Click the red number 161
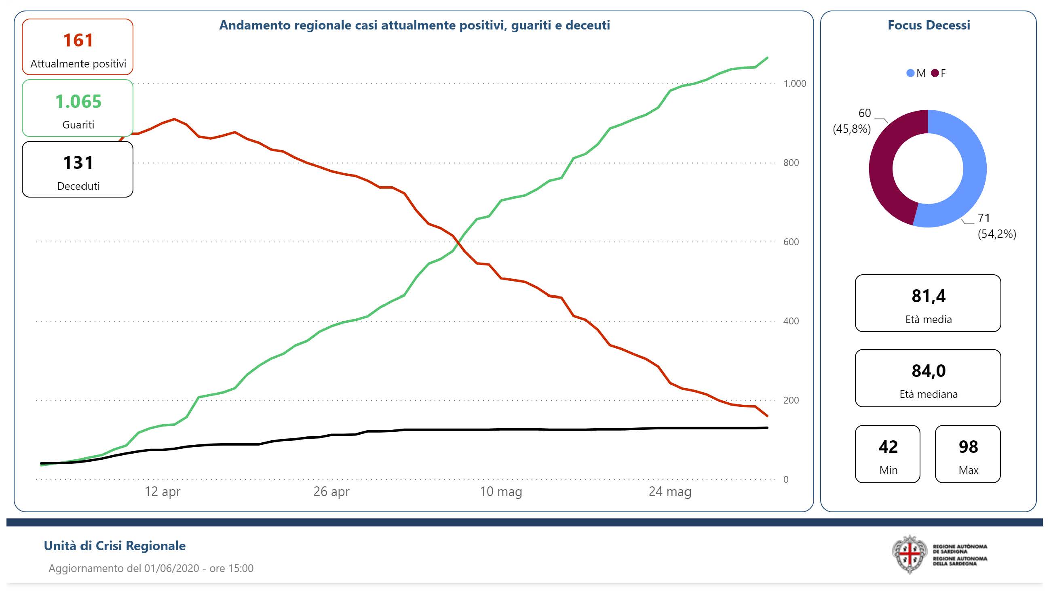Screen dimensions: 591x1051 [x=78, y=40]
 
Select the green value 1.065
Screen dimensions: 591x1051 [x=78, y=101]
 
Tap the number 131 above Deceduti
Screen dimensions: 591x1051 [x=78, y=163]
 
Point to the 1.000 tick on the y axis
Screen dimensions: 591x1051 [x=794, y=84]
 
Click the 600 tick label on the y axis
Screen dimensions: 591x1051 [x=791, y=242]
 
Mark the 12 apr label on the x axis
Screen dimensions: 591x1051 [x=163, y=492]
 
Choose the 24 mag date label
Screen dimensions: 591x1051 [x=670, y=492]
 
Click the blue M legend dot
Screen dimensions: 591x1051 [x=910, y=73]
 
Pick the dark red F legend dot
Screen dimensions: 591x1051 [x=935, y=73]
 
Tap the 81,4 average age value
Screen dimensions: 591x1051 [x=928, y=296]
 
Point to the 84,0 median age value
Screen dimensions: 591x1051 [x=928, y=371]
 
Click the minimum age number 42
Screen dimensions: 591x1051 [x=888, y=447]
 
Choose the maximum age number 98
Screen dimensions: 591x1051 [x=968, y=447]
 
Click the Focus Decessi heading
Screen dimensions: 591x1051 [x=929, y=25]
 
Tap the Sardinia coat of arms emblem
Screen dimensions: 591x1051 [x=909, y=554]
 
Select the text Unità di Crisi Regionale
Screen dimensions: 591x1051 [x=115, y=546]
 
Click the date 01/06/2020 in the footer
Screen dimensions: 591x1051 [x=172, y=568]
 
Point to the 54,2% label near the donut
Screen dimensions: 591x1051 [x=997, y=234]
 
